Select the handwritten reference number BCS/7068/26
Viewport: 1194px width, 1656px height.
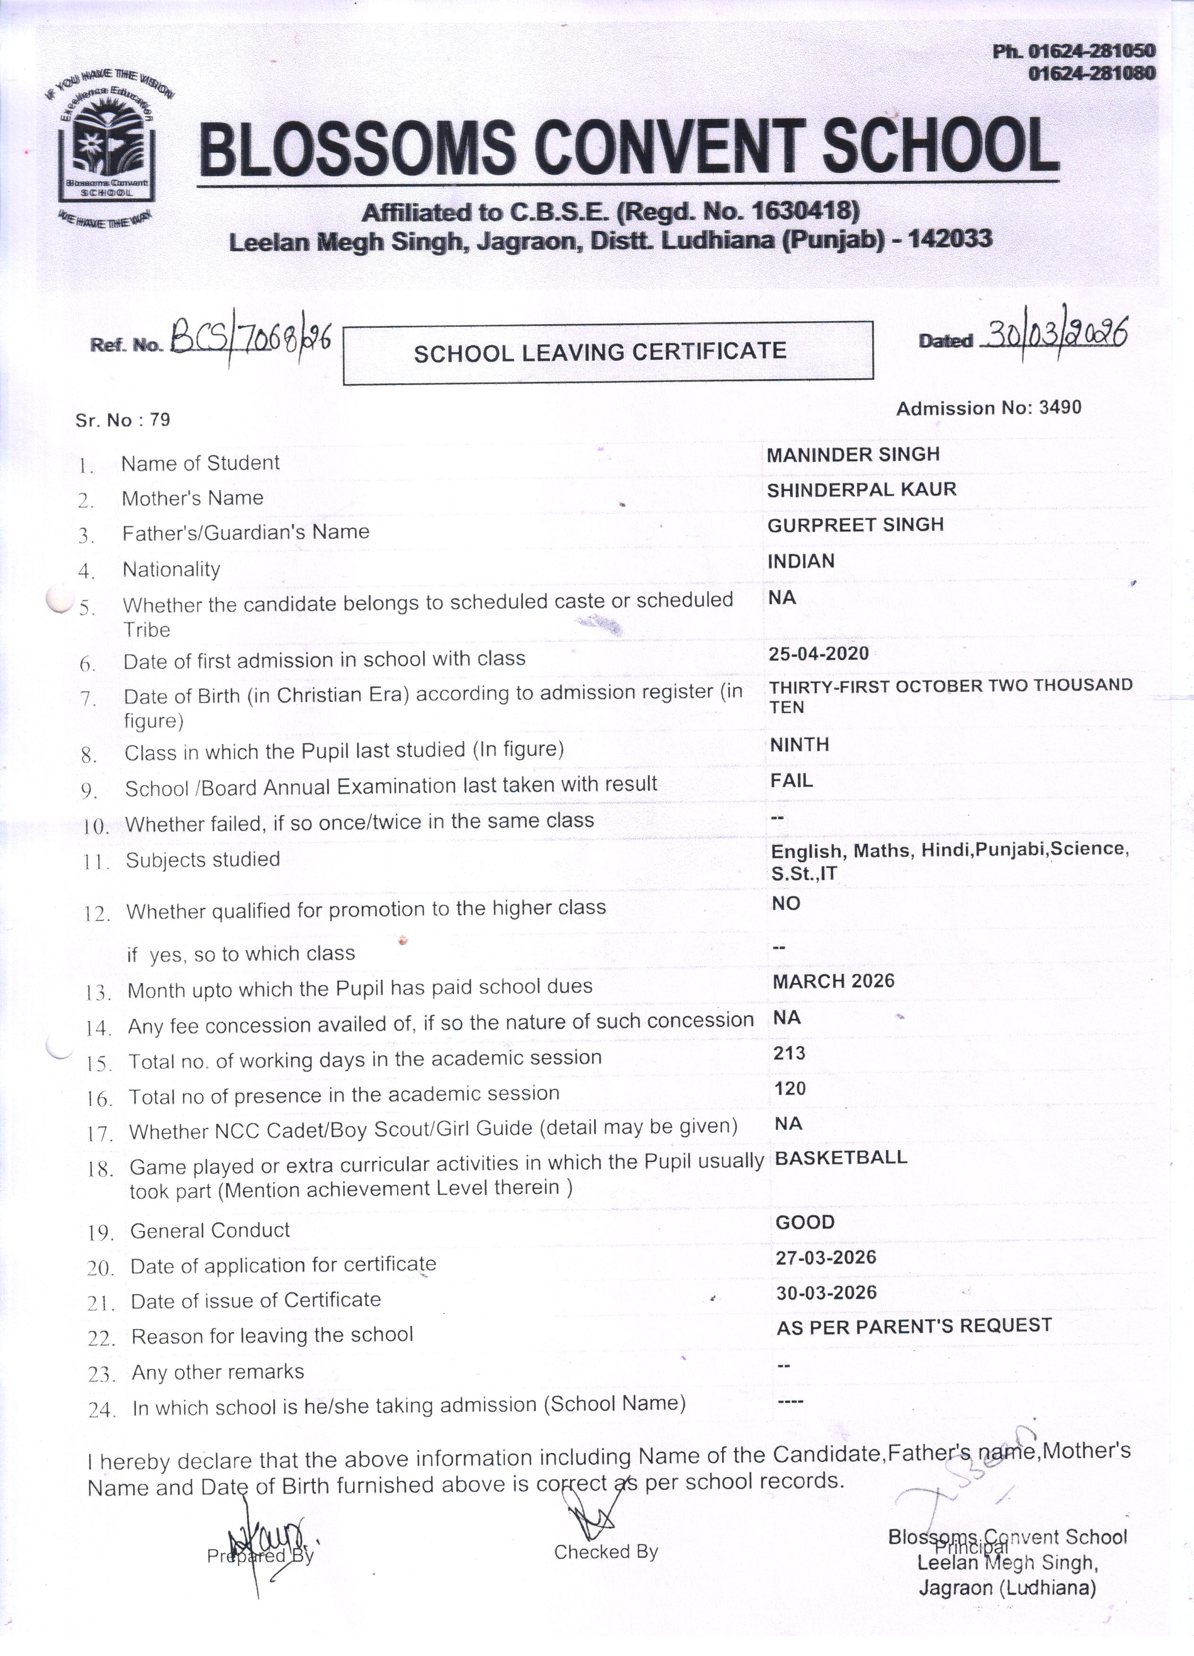pyautogui.click(x=250, y=340)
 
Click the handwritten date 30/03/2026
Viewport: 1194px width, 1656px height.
pyautogui.click(x=1055, y=334)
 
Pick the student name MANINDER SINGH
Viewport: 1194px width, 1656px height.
pyautogui.click(x=853, y=454)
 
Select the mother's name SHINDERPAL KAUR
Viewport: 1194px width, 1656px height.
pyautogui.click(x=861, y=489)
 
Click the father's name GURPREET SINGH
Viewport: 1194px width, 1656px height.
pyautogui.click(x=855, y=524)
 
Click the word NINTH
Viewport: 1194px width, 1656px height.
pyautogui.click(x=800, y=745)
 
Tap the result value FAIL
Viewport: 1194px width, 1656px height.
pyautogui.click(x=792, y=781)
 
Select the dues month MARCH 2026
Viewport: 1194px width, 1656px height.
pyautogui.click(x=833, y=981)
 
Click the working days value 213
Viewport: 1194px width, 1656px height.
pyautogui.click(x=789, y=1053)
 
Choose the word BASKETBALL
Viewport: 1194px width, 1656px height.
pyautogui.click(x=841, y=1158)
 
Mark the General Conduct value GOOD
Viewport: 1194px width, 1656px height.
pyautogui.click(x=805, y=1222)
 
